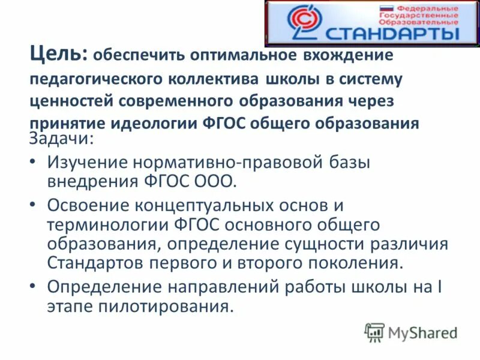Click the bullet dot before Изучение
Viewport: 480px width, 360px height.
tap(34, 162)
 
